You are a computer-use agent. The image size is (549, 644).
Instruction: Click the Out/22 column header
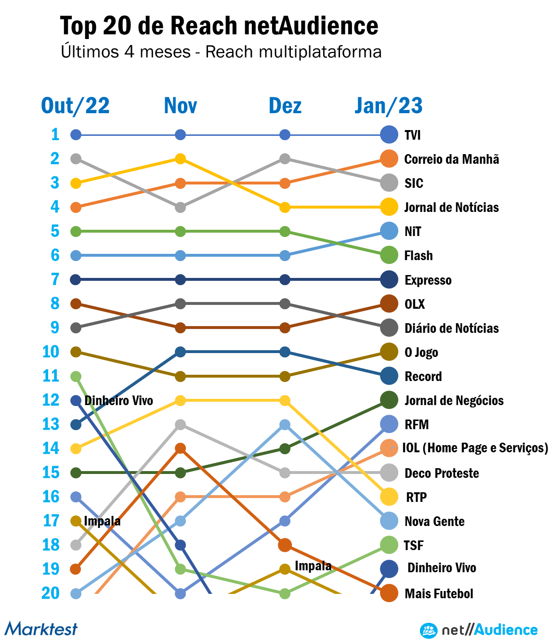[x=75, y=106]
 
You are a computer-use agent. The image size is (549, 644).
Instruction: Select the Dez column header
[x=285, y=106]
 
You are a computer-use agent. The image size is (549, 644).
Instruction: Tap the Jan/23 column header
[x=389, y=106]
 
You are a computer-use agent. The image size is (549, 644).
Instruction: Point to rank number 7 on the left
[x=55, y=279]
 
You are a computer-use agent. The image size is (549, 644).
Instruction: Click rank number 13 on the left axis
[x=51, y=424]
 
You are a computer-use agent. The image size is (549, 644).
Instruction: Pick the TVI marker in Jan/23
[x=389, y=135]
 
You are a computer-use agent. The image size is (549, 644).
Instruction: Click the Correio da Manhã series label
[x=451, y=159]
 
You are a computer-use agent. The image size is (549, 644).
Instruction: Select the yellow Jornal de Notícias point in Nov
[x=180, y=159]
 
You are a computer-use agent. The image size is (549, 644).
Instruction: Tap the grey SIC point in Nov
[x=180, y=208]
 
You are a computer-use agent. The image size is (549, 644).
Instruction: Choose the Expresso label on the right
[x=428, y=280]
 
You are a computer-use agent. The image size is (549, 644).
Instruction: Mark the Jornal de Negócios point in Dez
[x=285, y=449]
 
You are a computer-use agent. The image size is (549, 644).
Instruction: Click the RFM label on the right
[x=417, y=425]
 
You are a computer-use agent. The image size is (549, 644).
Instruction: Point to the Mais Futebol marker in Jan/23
[x=389, y=593]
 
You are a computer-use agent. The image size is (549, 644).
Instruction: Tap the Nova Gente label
[x=434, y=522]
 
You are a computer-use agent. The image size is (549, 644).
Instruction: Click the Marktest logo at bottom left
[x=41, y=629]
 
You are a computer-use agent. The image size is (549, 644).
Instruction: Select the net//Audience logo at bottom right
[x=479, y=630]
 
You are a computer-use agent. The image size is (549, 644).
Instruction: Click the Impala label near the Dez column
[x=313, y=565]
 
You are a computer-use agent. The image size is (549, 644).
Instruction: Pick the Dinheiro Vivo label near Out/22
[x=118, y=401]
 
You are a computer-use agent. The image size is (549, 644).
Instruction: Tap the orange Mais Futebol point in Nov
[x=180, y=449]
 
